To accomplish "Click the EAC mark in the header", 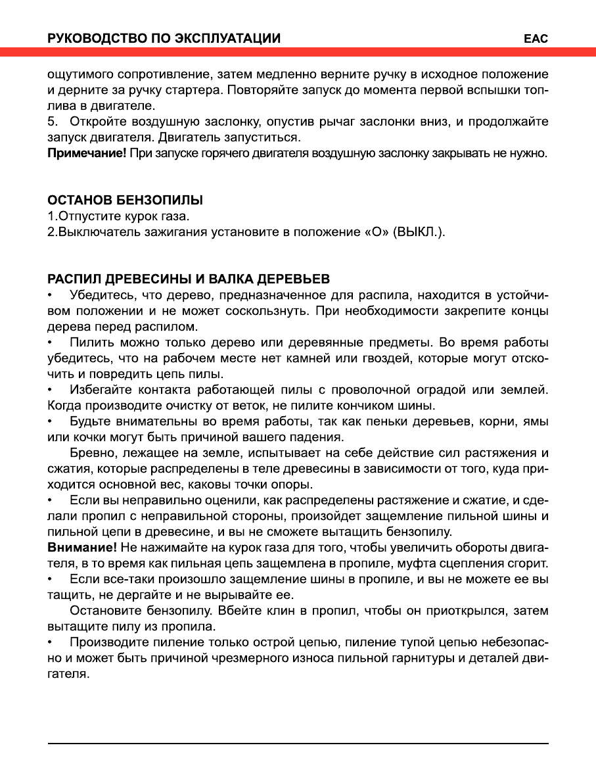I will [x=536, y=39].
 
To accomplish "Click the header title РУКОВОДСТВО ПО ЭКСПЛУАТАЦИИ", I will [x=164, y=39].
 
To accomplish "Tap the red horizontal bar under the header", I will [x=298, y=52].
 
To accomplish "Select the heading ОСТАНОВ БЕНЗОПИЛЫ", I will [x=125, y=200].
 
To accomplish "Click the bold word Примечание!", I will [x=87, y=154].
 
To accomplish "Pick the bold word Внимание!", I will [x=82, y=548].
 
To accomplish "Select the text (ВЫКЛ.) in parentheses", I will [x=419, y=232].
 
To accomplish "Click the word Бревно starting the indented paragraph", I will [x=91, y=454].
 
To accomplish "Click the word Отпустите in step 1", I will [x=86, y=216].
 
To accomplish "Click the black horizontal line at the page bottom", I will [x=298, y=744].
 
